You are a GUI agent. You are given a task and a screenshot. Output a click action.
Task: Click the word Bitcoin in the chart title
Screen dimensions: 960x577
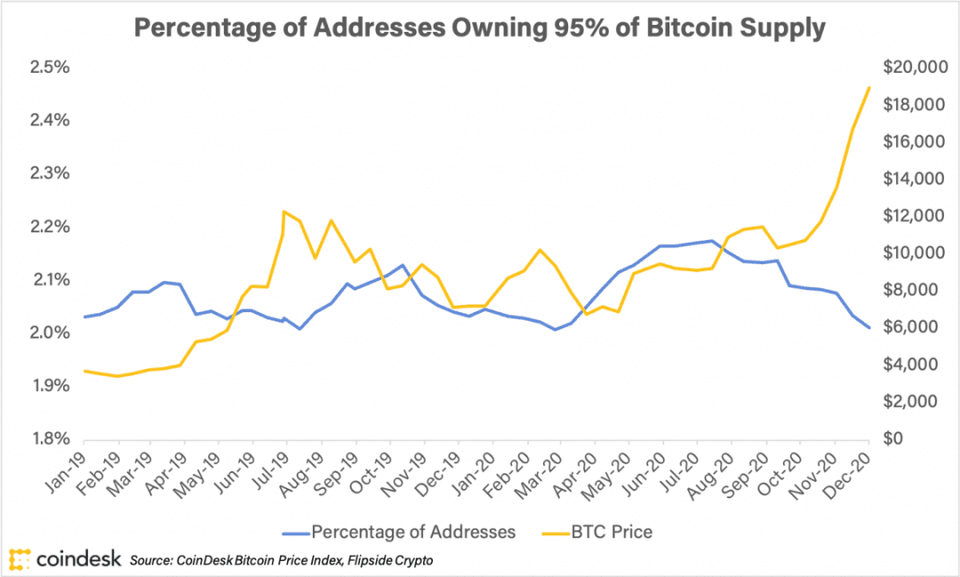[x=689, y=28]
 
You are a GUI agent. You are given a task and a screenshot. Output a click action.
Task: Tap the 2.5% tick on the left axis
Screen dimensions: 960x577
[x=50, y=68]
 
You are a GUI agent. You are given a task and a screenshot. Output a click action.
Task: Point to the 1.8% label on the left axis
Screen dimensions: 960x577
[x=50, y=438]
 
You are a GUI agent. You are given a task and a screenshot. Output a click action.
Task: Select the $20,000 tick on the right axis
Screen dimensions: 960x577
[x=916, y=68]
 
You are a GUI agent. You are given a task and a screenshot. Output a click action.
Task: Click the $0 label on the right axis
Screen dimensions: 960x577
[x=893, y=438]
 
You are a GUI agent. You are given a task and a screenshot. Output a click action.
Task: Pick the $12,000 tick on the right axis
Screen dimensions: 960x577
[x=914, y=216]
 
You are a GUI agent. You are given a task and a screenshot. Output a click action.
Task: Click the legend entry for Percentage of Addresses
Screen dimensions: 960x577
[x=399, y=532]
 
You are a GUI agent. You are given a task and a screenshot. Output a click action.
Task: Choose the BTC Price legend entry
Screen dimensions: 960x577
[x=597, y=532]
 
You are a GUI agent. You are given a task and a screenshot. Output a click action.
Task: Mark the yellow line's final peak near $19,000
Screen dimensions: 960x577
[x=868, y=88]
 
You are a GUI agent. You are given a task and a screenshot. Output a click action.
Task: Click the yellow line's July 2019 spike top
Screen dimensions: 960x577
[x=284, y=212]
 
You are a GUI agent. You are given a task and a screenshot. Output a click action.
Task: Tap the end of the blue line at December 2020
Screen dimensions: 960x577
[x=868, y=328]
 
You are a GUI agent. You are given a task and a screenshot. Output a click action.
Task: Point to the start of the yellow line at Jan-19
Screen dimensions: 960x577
[x=84, y=371]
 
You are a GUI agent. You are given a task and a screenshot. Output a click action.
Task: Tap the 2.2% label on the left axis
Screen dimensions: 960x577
[x=50, y=227]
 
